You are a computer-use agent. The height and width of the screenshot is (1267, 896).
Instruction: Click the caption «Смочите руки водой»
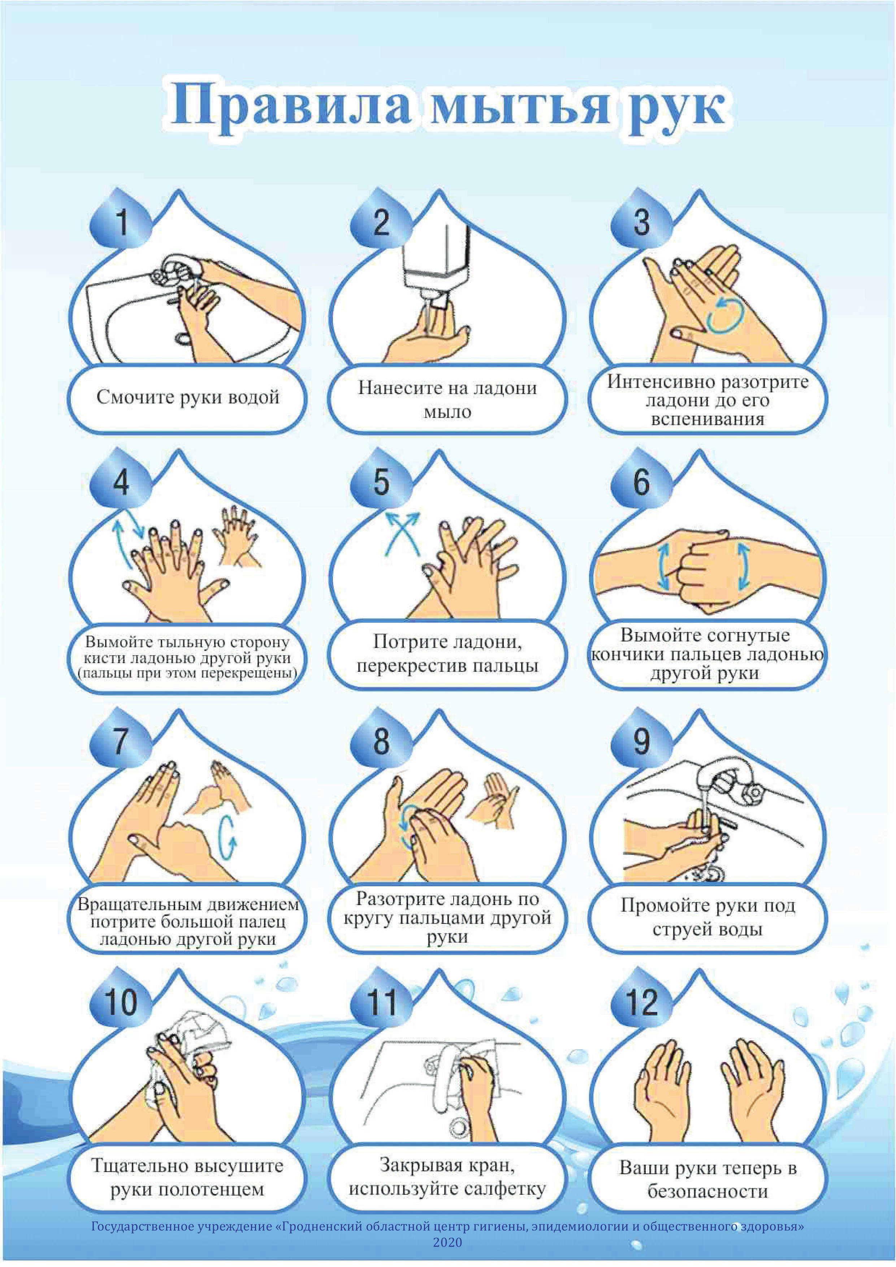[x=188, y=397]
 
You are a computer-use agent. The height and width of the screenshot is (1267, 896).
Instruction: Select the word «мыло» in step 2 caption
[x=447, y=412]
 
